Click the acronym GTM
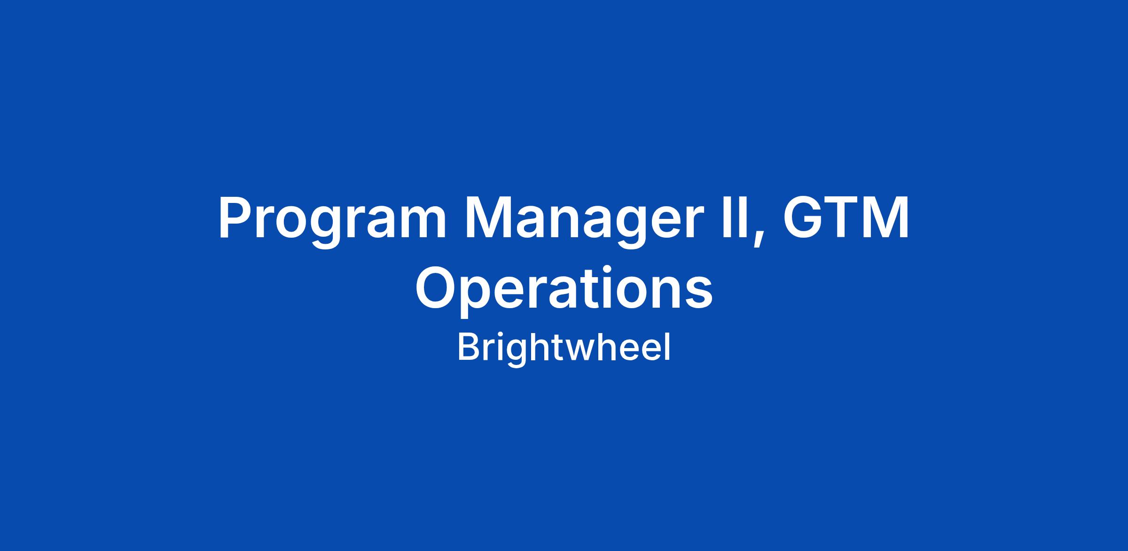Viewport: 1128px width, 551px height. (x=845, y=217)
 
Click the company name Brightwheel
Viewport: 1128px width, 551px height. (x=564, y=348)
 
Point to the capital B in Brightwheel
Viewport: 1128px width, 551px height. (x=469, y=347)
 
